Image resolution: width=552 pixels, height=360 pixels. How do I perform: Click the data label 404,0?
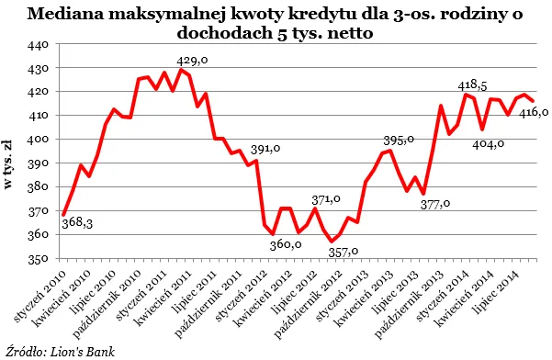pyautogui.click(x=490, y=144)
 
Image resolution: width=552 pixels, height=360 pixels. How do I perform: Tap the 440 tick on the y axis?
pyautogui.click(x=39, y=45)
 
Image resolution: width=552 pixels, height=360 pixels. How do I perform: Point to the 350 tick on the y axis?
pyautogui.click(x=39, y=259)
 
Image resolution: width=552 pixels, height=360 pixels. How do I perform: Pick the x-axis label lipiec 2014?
pyautogui.click(x=493, y=287)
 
